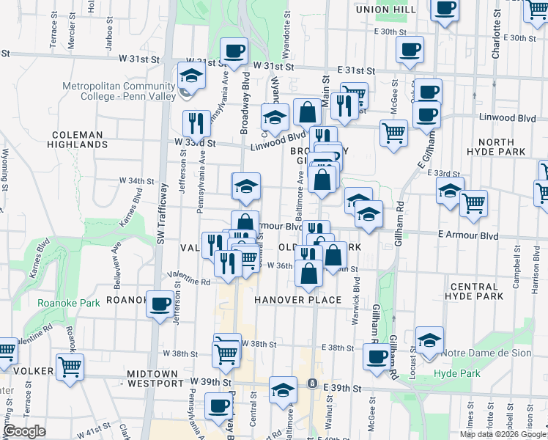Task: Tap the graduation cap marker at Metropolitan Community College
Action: coord(190,76)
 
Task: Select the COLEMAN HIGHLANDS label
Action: coord(80,139)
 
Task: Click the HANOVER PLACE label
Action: coord(298,300)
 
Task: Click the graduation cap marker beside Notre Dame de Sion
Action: coord(429,340)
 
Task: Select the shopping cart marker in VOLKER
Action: coord(70,366)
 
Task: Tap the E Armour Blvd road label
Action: coord(468,236)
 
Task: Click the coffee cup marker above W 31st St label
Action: coord(234,51)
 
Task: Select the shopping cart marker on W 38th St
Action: coord(227,353)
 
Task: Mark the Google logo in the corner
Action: coord(24,431)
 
